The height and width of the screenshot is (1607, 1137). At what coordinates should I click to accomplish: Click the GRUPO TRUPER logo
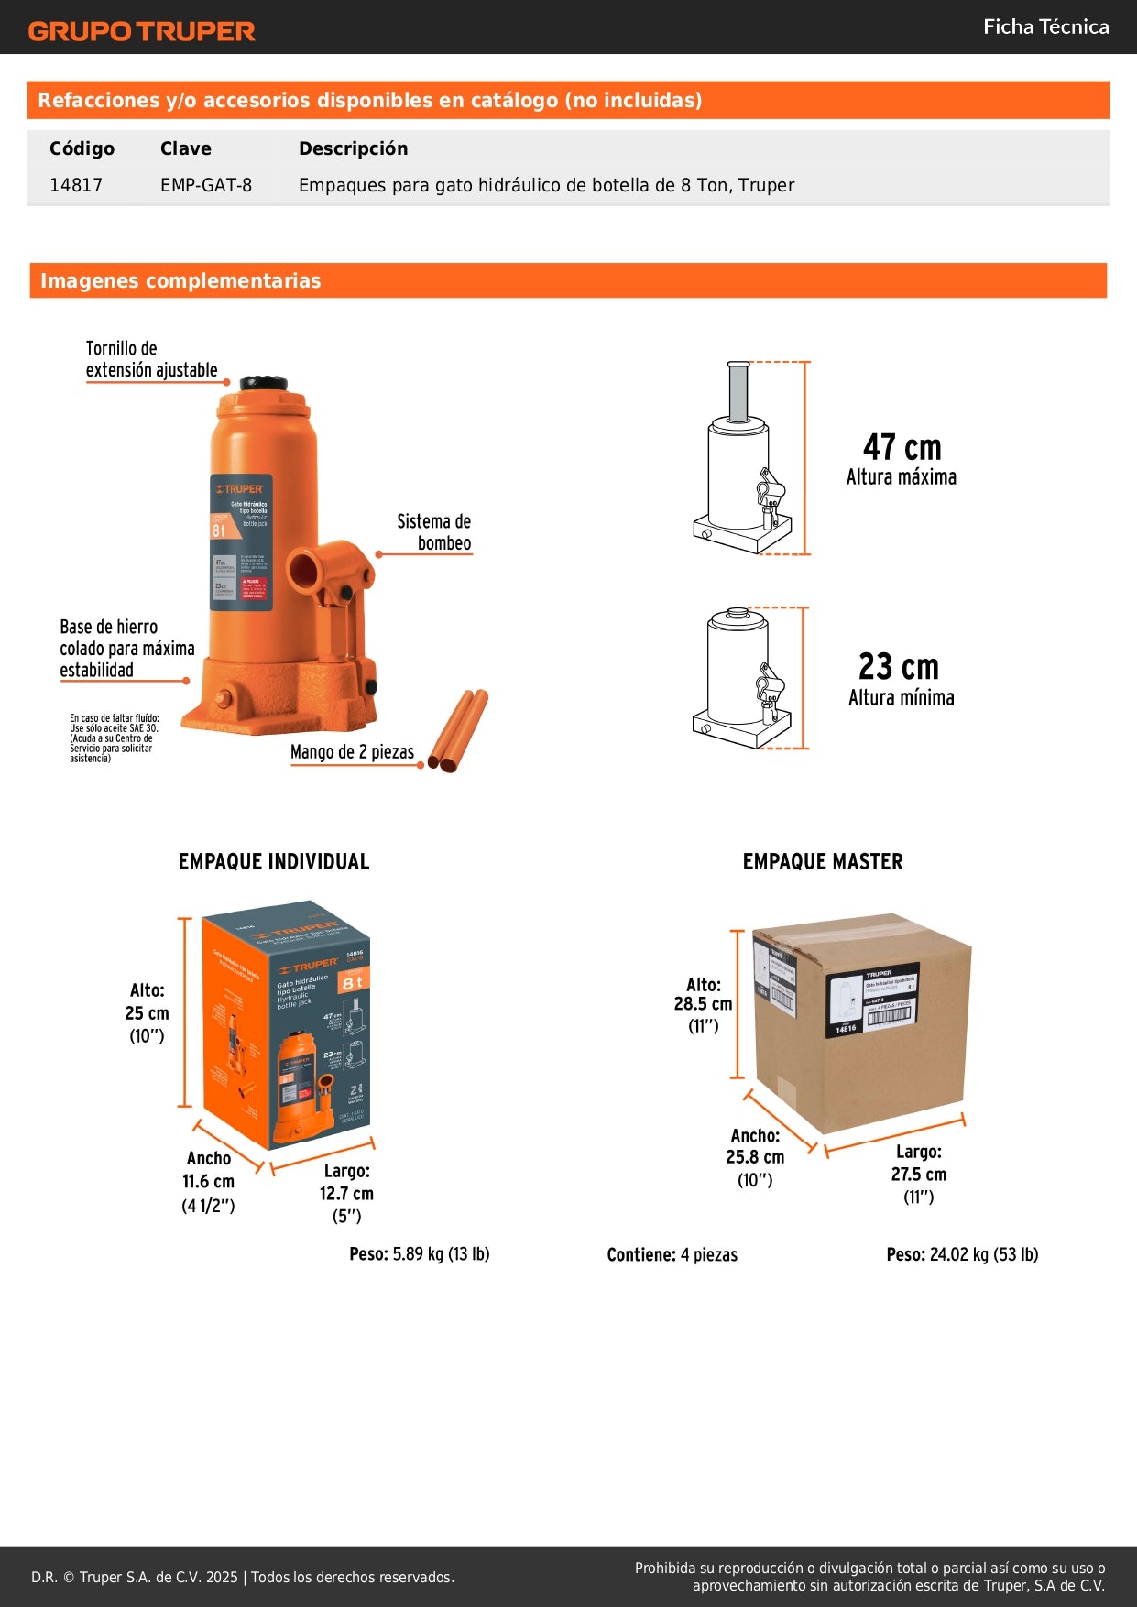tap(141, 31)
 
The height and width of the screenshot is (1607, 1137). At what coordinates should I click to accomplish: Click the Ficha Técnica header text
tap(1045, 27)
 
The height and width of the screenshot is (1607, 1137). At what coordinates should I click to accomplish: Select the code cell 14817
tap(76, 185)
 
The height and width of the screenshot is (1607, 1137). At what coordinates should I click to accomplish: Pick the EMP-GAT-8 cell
tap(205, 185)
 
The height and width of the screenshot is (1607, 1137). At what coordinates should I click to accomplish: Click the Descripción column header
tap(353, 148)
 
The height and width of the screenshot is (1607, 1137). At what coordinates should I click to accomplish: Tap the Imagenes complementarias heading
tap(180, 280)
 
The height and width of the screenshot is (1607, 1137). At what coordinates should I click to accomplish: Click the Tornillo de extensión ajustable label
tap(151, 359)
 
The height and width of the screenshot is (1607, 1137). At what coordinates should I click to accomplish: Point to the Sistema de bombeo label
tap(435, 532)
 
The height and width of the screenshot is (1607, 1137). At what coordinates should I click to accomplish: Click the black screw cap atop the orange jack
tap(263, 383)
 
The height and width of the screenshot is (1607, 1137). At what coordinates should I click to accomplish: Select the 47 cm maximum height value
tap(902, 447)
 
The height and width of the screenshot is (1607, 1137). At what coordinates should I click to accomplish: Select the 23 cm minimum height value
tap(899, 666)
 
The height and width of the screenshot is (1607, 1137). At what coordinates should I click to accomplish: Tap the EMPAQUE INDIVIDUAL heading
tap(274, 861)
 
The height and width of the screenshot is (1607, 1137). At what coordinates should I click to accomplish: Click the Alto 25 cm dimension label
tap(148, 1012)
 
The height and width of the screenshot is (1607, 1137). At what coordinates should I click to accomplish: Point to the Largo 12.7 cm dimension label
tap(346, 1193)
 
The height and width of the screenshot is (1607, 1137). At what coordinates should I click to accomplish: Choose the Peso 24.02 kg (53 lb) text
tap(962, 1254)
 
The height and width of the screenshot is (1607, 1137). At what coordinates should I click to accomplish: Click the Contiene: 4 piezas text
tap(672, 1254)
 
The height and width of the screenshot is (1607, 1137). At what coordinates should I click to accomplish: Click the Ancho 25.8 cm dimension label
tap(755, 1157)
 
